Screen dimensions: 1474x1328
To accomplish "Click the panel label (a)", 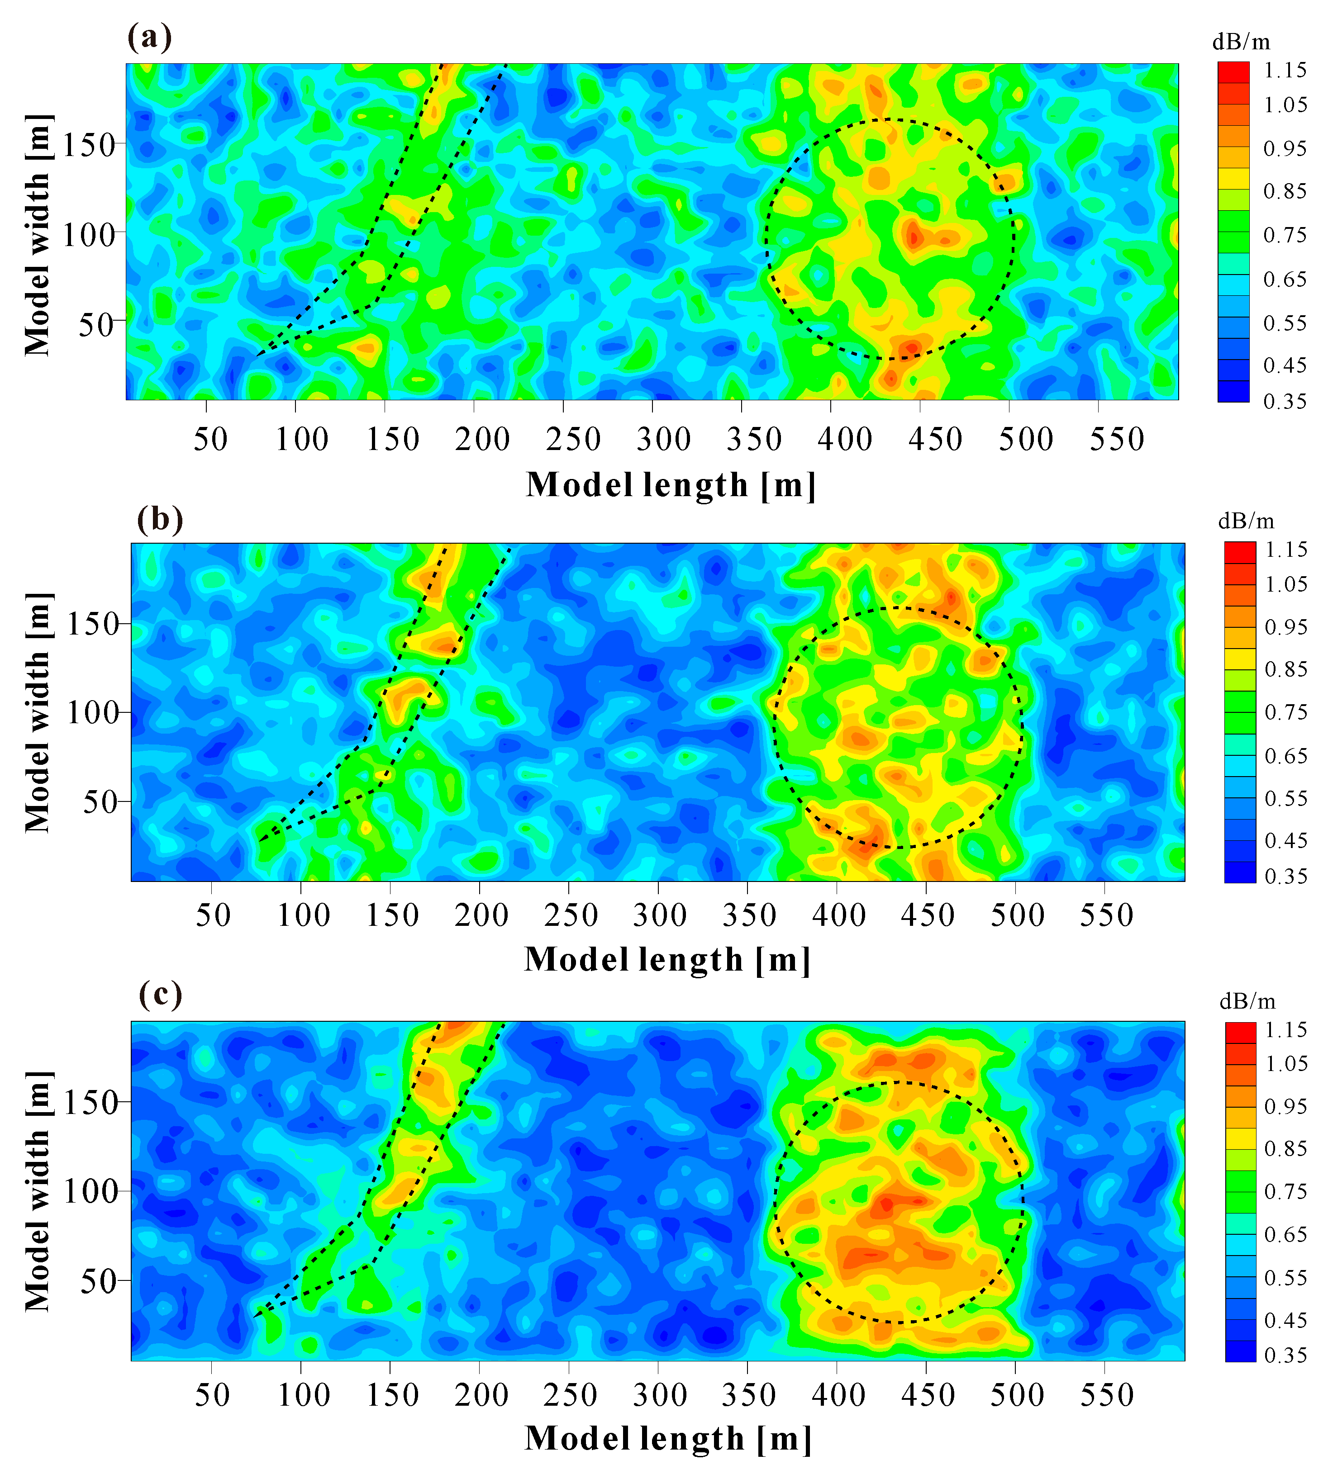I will click(x=150, y=37).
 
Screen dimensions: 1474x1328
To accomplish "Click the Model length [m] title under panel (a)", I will click(x=671, y=485).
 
